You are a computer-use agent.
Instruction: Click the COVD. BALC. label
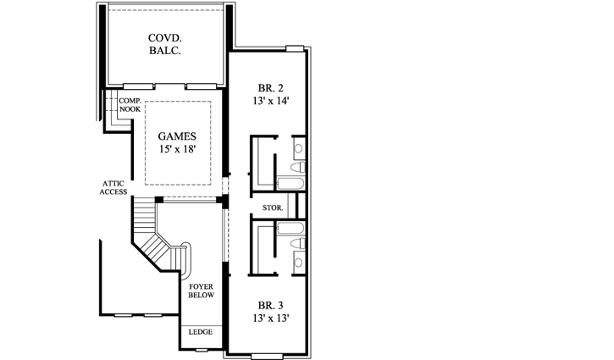(167, 45)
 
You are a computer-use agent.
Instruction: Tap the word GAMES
(178, 136)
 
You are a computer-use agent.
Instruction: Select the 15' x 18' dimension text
(178, 152)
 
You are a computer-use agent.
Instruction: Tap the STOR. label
(273, 206)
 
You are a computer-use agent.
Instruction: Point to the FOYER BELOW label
(201, 291)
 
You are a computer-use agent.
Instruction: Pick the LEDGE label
(201, 332)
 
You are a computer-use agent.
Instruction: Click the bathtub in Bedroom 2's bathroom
(290, 183)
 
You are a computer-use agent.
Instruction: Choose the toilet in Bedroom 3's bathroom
(298, 245)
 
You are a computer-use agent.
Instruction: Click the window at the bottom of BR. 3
(269, 352)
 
